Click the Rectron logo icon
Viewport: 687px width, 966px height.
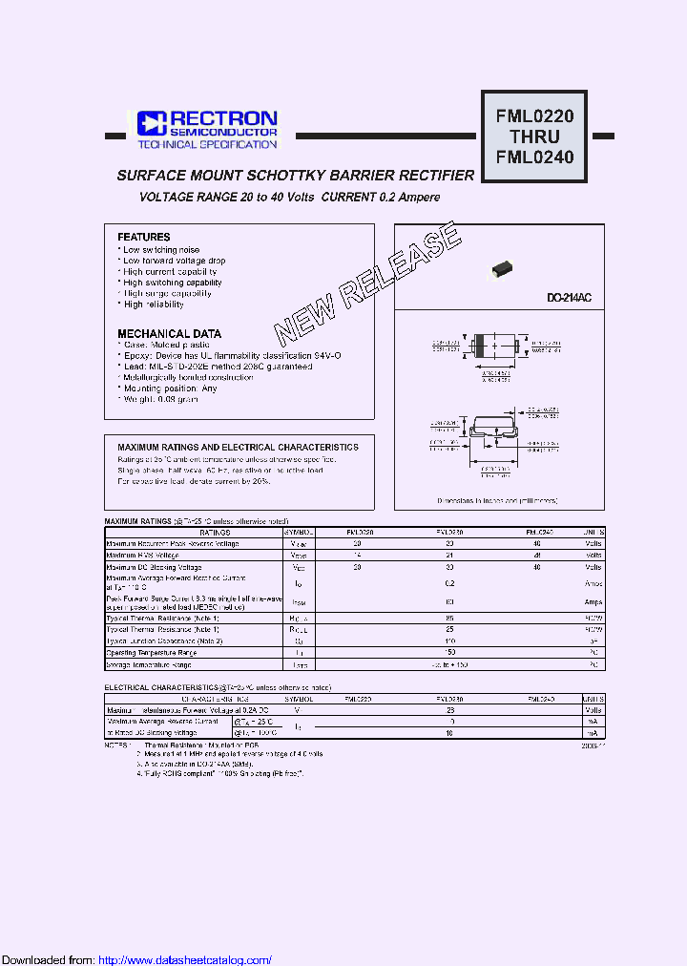click(152, 122)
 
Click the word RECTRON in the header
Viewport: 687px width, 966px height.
click(223, 118)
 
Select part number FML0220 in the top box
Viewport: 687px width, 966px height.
click(533, 117)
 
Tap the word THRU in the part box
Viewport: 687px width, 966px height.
click(533, 137)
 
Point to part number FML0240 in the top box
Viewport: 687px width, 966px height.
click(533, 157)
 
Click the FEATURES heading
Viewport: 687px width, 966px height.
click(144, 237)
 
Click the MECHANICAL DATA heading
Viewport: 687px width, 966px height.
click(169, 334)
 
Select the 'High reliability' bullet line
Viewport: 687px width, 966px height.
click(154, 304)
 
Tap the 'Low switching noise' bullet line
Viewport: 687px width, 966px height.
click(161, 249)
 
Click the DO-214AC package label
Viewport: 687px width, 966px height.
click(569, 299)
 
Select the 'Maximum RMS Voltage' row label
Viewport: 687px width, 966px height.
click(142, 555)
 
